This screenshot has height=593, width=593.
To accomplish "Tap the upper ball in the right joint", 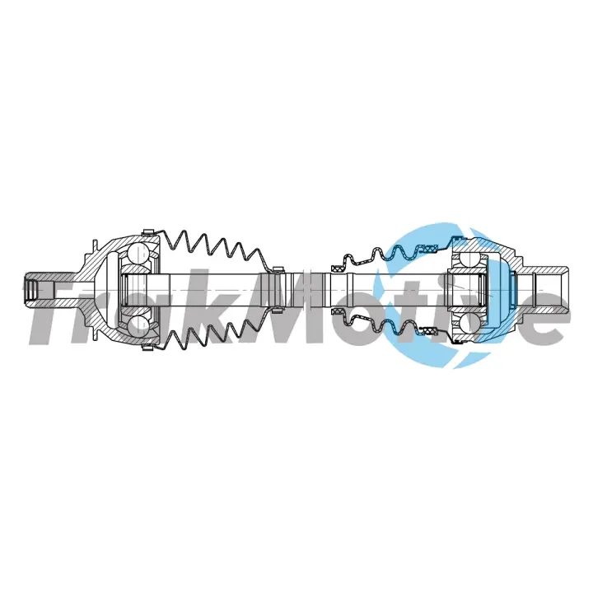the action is [x=469, y=261].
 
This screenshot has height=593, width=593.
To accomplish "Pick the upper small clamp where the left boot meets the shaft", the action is [x=278, y=268].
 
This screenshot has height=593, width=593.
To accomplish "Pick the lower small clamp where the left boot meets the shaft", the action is [x=278, y=311].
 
